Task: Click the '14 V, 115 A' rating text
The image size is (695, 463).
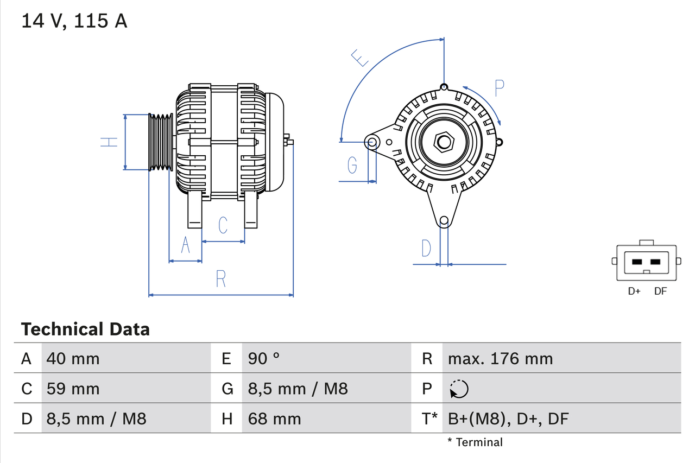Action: coord(74,21)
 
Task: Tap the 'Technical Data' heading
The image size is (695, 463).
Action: coord(85,329)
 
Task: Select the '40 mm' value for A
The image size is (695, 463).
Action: coord(73,358)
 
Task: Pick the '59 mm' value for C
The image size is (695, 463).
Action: coord(73,389)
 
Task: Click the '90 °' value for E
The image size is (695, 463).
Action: coord(264,358)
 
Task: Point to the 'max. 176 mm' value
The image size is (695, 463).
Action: coord(500,358)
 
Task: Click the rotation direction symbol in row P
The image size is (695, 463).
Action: coord(459,389)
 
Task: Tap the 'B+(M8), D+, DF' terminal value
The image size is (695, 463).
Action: coord(508,418)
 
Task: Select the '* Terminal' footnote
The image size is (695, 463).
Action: coord(475,442)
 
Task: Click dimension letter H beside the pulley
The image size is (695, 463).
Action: coord(109,142)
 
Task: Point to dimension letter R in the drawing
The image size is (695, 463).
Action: coord(220,278)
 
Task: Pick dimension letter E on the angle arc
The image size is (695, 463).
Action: coord(360,58)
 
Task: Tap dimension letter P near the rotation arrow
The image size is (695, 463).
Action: coord(499,88)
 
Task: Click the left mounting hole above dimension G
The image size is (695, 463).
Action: coord(372,142)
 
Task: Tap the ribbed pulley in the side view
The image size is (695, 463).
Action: coord(161,142)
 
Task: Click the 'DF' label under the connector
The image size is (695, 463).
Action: coord(660,291)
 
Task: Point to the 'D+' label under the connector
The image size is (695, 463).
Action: coord(634,291)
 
